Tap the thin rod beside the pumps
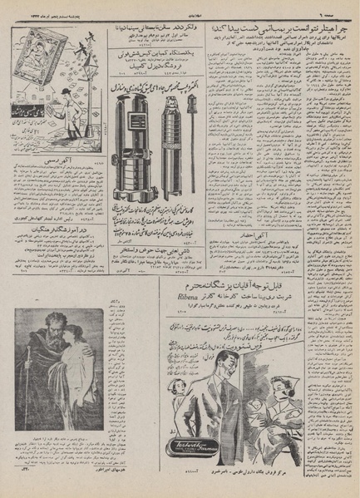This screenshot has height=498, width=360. [x=193, y=125]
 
